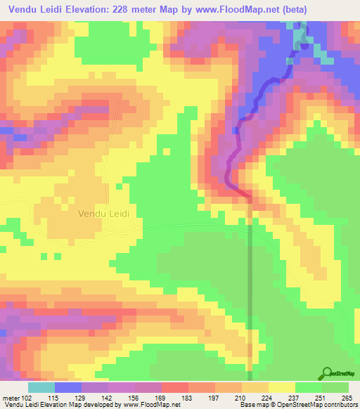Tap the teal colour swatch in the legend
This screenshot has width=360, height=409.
click(41, 387)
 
